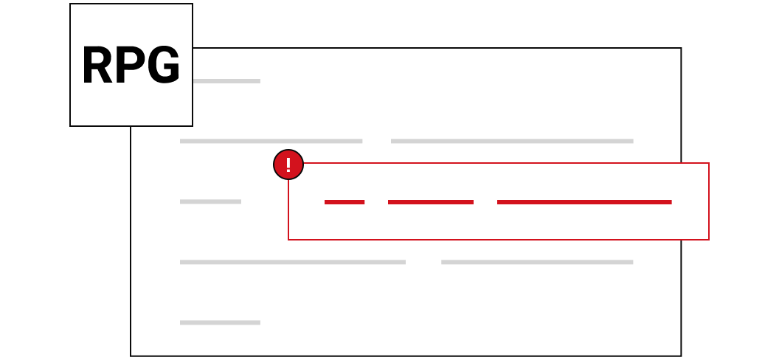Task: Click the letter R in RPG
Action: (97, 65)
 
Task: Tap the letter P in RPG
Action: (130, 65)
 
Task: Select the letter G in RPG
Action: (164, 65)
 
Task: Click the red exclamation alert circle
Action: (288, 165)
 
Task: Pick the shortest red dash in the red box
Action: (345, 202)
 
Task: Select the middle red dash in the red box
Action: (431, 202)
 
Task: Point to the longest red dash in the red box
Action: (584, 202)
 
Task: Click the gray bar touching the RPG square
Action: (226, 81)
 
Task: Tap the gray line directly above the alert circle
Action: (271, 141)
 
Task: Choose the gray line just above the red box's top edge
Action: (512, 141)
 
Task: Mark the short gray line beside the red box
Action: (211, 201)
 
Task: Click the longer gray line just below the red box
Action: (293, 262)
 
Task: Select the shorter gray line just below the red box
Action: (537, 262)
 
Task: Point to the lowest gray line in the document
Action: (220, 323)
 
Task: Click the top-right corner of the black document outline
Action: (681, 48)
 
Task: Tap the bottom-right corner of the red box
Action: (708, 239)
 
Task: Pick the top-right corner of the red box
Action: (708, 163)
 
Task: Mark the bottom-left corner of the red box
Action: (288, 239)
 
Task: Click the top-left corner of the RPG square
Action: (70, 4)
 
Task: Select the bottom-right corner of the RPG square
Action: (193, 125)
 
